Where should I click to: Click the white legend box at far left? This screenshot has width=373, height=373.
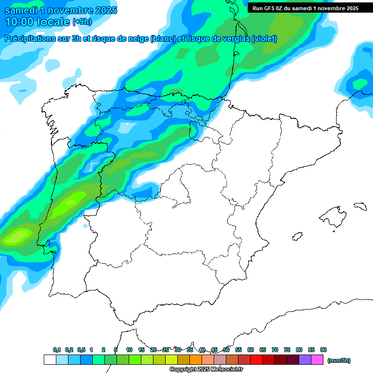[50, 360]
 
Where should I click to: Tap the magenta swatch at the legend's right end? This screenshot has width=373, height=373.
[317, 360]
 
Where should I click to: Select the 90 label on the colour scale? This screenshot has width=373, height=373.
[323, 350]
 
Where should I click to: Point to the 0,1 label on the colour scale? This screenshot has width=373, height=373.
[57, 350]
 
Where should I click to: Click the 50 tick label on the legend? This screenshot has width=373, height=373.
[226, 350]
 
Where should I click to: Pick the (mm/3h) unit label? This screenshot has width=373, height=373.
[339, 360]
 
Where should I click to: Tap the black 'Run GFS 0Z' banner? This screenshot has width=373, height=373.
[305, 8]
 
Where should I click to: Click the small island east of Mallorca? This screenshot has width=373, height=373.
[360, 206]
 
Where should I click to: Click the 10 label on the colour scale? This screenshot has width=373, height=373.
[129, 350]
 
